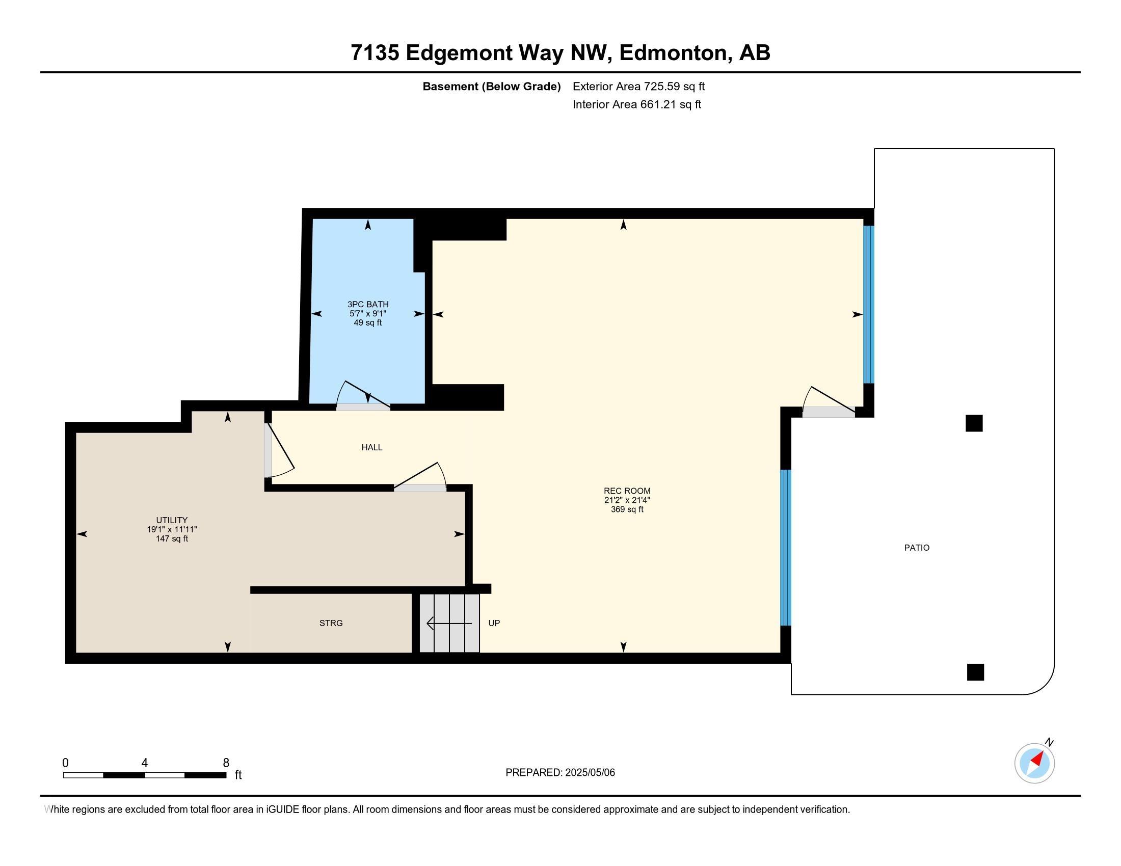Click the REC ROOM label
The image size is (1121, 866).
click(x=627, y=491)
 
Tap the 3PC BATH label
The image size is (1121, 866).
click(x=368, y=304)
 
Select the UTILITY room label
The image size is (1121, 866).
click(x=172, y=520)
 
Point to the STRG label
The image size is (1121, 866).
click(x=331, y=623)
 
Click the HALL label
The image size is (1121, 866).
click(x=371, y=447)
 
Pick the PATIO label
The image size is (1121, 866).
click(x=917, y=548)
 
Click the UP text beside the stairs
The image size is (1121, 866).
click(x=494, y=623)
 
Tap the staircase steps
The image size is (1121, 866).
click(x=449, y=624)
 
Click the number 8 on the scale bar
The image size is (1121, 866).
click(x=226, y=763)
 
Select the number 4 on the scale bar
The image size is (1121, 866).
click(x=145, y=763)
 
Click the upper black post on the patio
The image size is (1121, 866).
click(x=974, y=423)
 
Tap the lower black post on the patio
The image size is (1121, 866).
click(x=975, y=672)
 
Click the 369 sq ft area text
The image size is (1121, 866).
click(x=627, y=509)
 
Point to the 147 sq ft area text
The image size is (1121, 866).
click(x=172, y=538)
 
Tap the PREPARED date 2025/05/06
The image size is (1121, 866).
click(x=590, y=772)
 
